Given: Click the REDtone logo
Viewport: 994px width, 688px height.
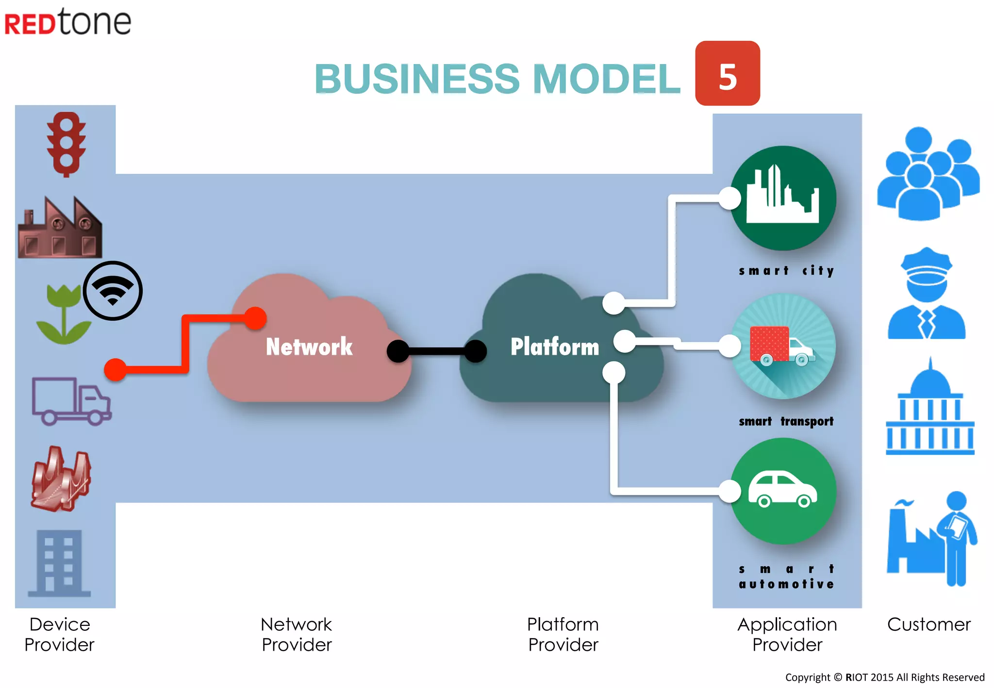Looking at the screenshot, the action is point(68,22).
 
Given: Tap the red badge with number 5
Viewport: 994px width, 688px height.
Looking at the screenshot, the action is point(728,73).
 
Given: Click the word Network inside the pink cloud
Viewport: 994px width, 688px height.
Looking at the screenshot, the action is point(309,346).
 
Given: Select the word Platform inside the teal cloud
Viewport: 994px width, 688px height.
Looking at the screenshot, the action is point(555,346).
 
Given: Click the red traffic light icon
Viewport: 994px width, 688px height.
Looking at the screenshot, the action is point(66,144).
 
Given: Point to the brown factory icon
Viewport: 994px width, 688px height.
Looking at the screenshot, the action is point(60,227).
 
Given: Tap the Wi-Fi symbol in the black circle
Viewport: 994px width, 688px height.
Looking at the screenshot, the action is point(113,291).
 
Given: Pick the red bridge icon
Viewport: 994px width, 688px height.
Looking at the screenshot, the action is point(61,478).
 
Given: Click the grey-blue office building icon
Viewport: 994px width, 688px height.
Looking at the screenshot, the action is point(59,563).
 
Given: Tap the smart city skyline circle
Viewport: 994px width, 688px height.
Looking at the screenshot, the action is point(783,198).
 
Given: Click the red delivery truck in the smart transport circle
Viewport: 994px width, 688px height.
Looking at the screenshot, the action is point(781,346).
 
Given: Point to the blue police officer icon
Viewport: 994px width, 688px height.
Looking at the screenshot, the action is point(927,293).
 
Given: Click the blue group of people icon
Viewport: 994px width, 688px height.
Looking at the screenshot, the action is point(928,174).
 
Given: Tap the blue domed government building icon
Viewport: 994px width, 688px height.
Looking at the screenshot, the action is point(930,406).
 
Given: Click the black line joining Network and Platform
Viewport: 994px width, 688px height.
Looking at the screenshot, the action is point(437,351).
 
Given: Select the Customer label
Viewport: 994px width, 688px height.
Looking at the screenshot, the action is point(929,624).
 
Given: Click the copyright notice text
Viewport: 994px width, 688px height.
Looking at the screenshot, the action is point(885,677).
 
